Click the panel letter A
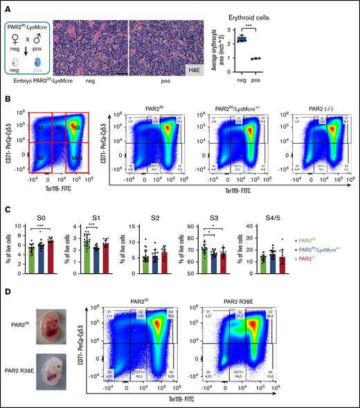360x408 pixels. tap(5, 5)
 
